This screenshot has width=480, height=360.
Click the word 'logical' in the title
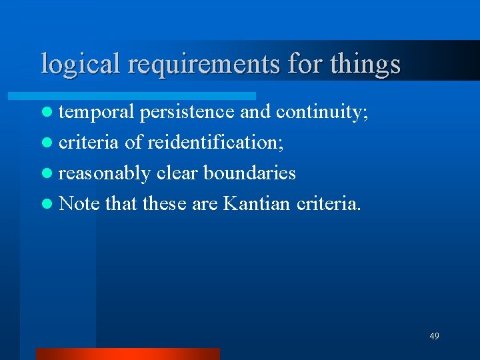click(81, 64)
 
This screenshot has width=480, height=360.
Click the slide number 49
click(434, 336)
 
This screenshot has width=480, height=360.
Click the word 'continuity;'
click(322, 112)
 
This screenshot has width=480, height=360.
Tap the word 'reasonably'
click(105, 173)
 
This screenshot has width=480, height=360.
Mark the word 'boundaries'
click(249, 173)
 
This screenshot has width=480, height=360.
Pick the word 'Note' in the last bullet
click(79, 203)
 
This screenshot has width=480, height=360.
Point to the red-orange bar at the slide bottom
click(127, 353)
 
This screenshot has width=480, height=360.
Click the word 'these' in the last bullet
click(165, 203)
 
